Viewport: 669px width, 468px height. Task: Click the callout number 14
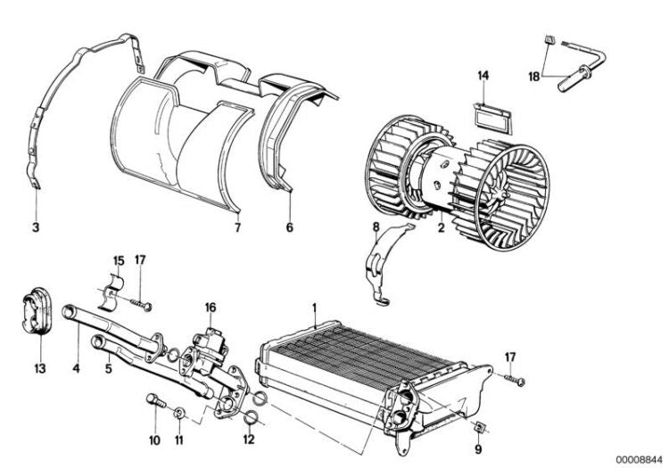[x=483, y=76]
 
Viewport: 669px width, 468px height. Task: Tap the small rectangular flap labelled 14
[x=491, y=117]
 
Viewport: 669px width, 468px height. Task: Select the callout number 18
[x=534, y=78]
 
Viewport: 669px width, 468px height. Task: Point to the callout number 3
[x=36, y=227]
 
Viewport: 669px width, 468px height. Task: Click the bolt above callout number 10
[x=156, y=400]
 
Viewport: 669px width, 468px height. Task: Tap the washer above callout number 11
[x=179, y=413]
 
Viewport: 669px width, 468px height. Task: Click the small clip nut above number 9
[x=481, y=426]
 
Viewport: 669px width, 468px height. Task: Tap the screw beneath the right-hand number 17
[x=514, y=380]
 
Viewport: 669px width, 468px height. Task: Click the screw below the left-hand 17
[x=141, y=304]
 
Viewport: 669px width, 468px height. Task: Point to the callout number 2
[x=442, y=227]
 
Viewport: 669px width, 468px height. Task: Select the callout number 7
[x=237, y=227]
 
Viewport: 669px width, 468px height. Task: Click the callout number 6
[x=290, y=227]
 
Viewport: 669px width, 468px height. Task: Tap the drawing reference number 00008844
[x=639, y=459]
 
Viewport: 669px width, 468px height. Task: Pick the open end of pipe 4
[x=68, y=311]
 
